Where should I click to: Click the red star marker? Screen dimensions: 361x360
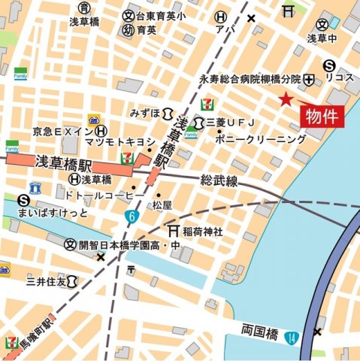pyautogui.click(x=285, y=99)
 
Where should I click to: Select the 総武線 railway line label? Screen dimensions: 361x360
pyautogui.click(x=219, y=181)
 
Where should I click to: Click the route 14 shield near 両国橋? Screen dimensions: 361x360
pyautogui.click(x=292, y=337)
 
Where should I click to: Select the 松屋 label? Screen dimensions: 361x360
pyautogui.click(x=162, y=205)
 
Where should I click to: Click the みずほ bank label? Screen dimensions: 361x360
pyautogui.click(x=144, y=114)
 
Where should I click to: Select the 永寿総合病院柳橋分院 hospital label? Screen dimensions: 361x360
pyautogui.click(x=250, y=79)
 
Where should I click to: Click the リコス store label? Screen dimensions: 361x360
pyautogui.click(x=339, y=78)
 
